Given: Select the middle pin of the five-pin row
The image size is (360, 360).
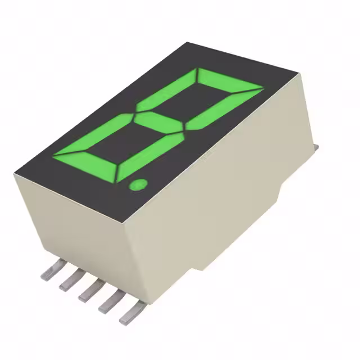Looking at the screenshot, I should pyautogui.click(x=88, y=291).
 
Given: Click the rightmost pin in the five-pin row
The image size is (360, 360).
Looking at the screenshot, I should pyautogui.click(x=129, y=313).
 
